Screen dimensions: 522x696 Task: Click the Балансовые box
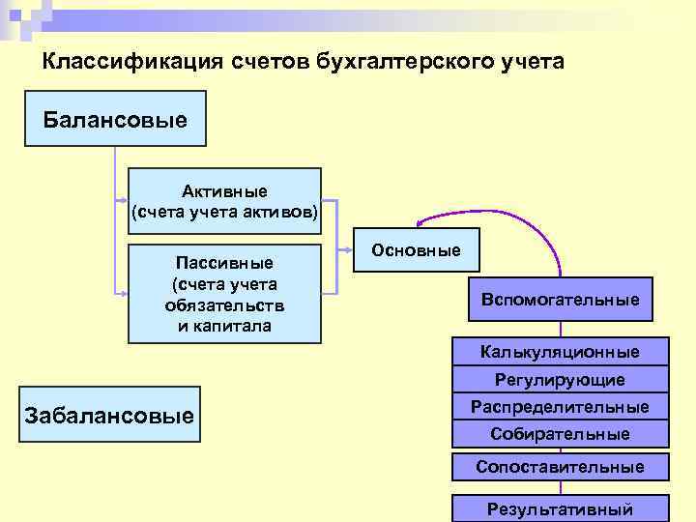115,118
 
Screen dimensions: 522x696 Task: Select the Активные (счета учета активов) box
224,201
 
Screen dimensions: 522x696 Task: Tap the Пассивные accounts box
224,294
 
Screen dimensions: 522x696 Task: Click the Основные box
416,250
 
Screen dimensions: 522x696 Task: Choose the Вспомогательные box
560,300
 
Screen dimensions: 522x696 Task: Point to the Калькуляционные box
560,352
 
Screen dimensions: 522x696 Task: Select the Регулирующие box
560,380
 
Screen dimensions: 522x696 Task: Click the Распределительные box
560,407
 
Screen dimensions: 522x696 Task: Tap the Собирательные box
560,434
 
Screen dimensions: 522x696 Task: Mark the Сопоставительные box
560,467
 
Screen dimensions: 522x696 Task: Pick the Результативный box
560,508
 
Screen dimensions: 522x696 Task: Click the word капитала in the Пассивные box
224,326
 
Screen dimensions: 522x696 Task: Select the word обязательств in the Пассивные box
224,304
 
